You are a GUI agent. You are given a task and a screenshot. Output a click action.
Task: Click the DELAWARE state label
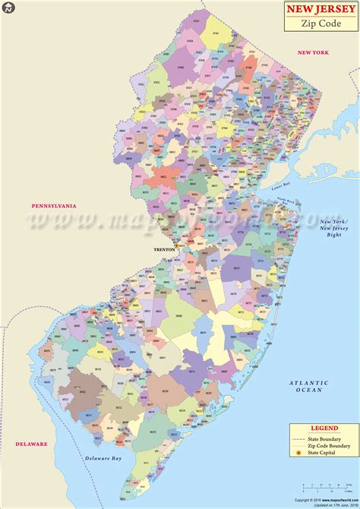[x=30, y=444]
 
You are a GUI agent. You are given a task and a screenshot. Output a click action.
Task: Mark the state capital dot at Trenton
[x=176, y=246]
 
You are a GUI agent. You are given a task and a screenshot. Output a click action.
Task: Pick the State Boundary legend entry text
[x=323, y=439]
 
